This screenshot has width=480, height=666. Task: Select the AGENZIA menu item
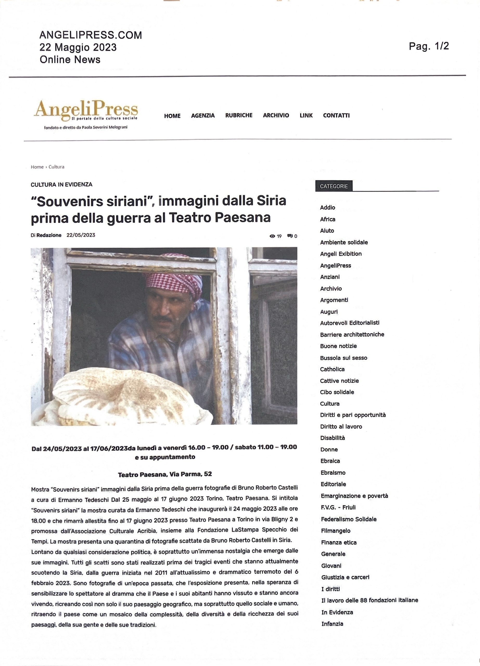[203, 116]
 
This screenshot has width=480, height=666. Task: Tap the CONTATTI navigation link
[336, 116]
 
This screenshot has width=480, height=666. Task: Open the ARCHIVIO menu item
[276, 116]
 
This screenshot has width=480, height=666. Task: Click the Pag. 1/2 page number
[429, 46]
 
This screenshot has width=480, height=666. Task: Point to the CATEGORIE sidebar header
[334, 186]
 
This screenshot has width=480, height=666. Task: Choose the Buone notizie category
[338, 346]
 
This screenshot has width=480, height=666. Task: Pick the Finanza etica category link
[338, 542]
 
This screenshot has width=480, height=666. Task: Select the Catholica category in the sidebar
[332, 369]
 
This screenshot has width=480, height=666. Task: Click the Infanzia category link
[332, 624]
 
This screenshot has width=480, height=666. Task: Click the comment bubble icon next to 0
[290, 236]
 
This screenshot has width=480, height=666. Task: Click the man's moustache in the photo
[164, 318]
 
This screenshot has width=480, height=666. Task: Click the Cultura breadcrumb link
[56, 167]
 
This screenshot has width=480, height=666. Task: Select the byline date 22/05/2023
[81, 235]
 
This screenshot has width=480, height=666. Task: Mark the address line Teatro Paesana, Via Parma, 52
[165, 474]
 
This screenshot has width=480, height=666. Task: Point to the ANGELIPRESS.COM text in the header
[91, 35]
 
